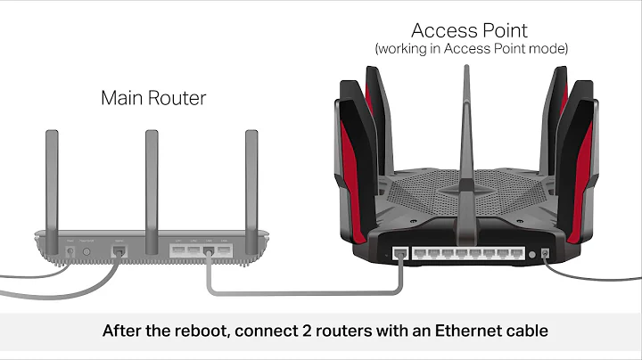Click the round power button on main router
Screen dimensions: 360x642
(87, 252)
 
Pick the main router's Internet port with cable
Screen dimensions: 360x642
(119, 252)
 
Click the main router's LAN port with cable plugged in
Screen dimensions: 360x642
(208, 251)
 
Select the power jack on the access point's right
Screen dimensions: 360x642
(545, 254)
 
